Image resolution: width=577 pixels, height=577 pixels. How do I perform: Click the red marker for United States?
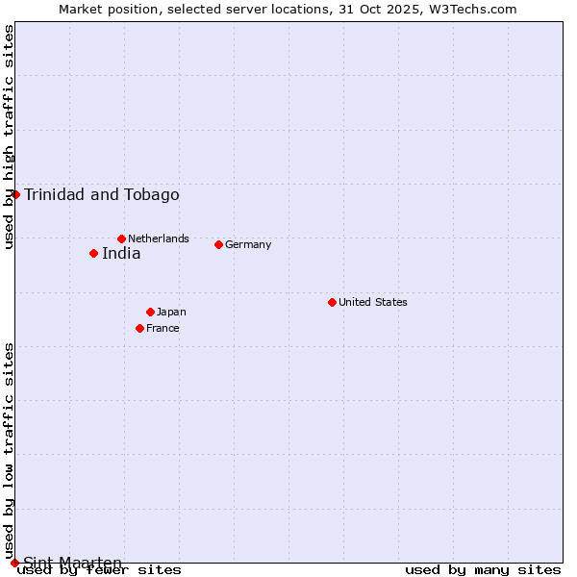pyautogui.click(x=332, y=302)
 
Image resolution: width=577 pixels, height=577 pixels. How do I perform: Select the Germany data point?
pyautogui.click(x=218, y=244)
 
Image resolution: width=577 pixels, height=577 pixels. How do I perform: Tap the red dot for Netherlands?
pyautogui.click(x=121, y=238)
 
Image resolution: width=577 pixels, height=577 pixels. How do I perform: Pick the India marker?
pyautogui.click(x=93, y=254)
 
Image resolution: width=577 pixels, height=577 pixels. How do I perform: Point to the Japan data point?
pyautogui.click(x=150, y=312)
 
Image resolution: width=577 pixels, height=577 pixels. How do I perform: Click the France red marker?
pyautogui.click(x=139, y=328)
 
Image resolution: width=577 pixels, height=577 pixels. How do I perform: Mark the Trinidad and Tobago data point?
pyautogui.click(x=15, y=194)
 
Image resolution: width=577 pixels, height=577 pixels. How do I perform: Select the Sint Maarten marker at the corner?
pyautogui.click(x=14, y=563)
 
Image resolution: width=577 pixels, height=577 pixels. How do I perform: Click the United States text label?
pyautogui.click(x=373, y=302)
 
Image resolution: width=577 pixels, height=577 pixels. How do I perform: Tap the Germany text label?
pyautogui.click(x=248, y=244)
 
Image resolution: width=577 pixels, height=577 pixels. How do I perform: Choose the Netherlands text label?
pyautogui.click(x=159, y=238)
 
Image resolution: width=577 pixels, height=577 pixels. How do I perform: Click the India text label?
pyautogui.click(x=121, y=254)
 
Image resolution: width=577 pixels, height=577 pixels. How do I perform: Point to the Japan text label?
pyautogui.click(x=171, y=312)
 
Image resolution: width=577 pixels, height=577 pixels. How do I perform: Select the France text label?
pyautogui.click(x=163, y=328)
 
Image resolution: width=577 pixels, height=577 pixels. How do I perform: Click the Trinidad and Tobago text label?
pyautogui.click(x=102, y=195)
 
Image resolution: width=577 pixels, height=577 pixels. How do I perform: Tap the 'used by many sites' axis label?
pyautogui.click(x=483, y=569)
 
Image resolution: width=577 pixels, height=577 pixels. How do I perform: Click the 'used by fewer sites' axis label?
pyautogui.click(x=100, y=569)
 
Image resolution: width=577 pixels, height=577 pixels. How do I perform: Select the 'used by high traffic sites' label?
pyautogui.click(x=9, y=137)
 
